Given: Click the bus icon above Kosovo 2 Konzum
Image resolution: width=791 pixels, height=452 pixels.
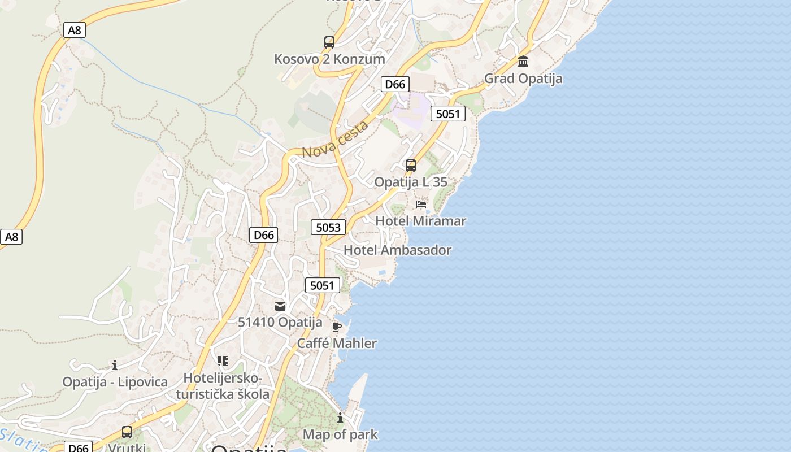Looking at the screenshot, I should [x=329, y=42].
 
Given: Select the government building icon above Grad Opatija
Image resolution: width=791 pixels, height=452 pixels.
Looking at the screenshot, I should [x=523, y=61].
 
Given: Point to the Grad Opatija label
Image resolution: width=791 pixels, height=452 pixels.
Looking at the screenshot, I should [x=523, y=78].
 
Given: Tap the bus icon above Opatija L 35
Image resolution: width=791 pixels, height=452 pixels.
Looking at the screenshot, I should [x=411, y=166].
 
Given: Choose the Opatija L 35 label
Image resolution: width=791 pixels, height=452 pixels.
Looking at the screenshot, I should [x=411, y=182].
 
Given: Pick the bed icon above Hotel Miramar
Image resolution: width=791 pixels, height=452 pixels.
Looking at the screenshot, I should [x=421, y=204].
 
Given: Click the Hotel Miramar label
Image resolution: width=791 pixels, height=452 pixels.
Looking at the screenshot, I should [x=421, y=221].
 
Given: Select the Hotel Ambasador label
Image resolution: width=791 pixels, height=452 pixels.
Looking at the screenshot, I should [x=397, y=250].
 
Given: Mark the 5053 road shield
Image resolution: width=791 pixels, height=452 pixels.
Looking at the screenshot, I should [x=328, y=227].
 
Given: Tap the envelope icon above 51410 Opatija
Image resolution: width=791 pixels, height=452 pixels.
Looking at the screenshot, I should [x=280, y=306].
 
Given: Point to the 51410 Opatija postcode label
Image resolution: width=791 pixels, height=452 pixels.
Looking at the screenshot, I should [x=280, y=323].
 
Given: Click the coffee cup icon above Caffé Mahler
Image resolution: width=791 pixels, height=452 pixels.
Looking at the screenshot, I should [x=337, y=327].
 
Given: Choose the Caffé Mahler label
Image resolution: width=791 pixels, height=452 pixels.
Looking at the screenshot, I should [x=337, y=343].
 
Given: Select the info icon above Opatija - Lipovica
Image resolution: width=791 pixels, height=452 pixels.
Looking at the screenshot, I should [x=115, y=365].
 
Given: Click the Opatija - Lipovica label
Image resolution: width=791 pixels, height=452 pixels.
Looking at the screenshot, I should [x=115, y=382].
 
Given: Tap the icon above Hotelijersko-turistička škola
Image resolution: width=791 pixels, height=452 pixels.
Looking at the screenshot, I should [x=223, y=360].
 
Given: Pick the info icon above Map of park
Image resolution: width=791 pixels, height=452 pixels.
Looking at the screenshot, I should [x=340, y=418].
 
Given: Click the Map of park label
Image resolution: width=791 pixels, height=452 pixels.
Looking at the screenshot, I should [x=340, y=434].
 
